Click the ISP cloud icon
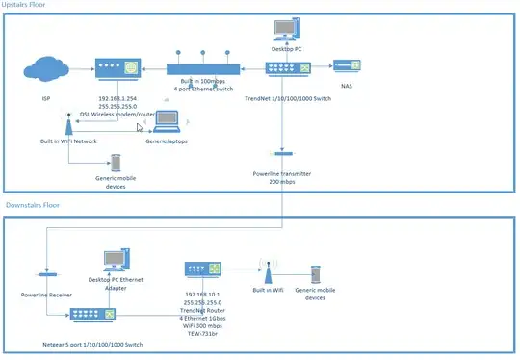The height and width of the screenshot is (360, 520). coord(42,68)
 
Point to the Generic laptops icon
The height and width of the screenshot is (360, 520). coord(169,121)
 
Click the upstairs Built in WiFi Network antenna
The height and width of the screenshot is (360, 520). coord(67,125)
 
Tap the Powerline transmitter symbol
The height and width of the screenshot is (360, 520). coord(281,152)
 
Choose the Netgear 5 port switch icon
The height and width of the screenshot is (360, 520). coord(90,314)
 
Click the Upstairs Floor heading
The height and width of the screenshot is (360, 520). coord(30,6)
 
